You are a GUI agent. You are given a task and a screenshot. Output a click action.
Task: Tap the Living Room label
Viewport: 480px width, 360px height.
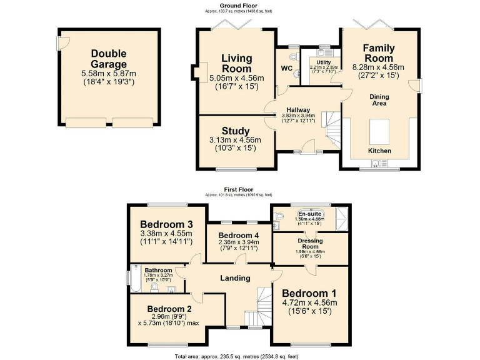pos(236,63)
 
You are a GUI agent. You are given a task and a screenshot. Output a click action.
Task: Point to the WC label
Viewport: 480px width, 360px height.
pos(287,67)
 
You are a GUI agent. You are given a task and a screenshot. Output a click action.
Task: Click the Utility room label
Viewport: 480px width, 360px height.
pos(324,62)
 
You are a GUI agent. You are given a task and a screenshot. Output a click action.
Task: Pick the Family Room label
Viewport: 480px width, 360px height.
pos(379,53)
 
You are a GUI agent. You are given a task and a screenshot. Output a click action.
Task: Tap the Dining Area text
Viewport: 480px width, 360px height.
pos(379,99)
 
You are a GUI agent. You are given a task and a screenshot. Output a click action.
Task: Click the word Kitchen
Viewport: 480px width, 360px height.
pos(379,151)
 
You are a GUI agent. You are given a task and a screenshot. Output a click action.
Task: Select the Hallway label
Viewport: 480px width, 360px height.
pos(298,109)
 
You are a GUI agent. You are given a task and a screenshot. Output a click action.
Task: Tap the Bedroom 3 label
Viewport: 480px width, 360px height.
pos(166,224)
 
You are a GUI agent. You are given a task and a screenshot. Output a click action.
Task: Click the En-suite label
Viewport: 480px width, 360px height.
pos(309,214)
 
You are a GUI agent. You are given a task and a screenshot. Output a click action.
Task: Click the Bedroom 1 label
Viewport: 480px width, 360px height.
pos(309,293)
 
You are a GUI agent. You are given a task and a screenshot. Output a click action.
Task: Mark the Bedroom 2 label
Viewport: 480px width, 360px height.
pos(169,309)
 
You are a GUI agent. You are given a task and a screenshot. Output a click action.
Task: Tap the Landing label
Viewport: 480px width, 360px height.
pos(235,277)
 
